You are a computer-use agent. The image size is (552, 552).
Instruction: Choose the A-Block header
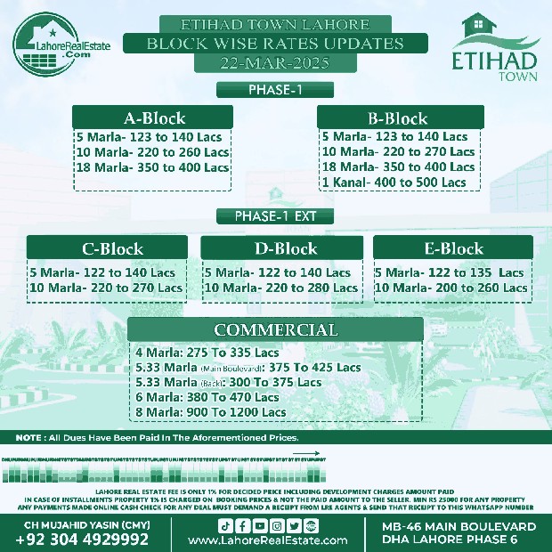[154, 118]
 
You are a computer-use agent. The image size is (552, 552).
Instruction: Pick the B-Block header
[397, 118]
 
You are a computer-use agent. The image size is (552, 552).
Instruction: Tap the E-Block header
[452, 248]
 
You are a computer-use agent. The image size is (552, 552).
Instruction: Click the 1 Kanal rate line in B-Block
[394, 183]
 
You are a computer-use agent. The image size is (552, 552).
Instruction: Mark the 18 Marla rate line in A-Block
[152, 167]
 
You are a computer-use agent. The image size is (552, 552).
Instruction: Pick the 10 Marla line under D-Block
[280, 288]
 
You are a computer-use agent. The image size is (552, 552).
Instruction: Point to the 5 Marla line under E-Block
[450, 272]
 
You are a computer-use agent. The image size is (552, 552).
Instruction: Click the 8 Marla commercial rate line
[212, 412]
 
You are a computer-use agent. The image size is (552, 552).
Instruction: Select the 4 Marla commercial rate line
[208, 352]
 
